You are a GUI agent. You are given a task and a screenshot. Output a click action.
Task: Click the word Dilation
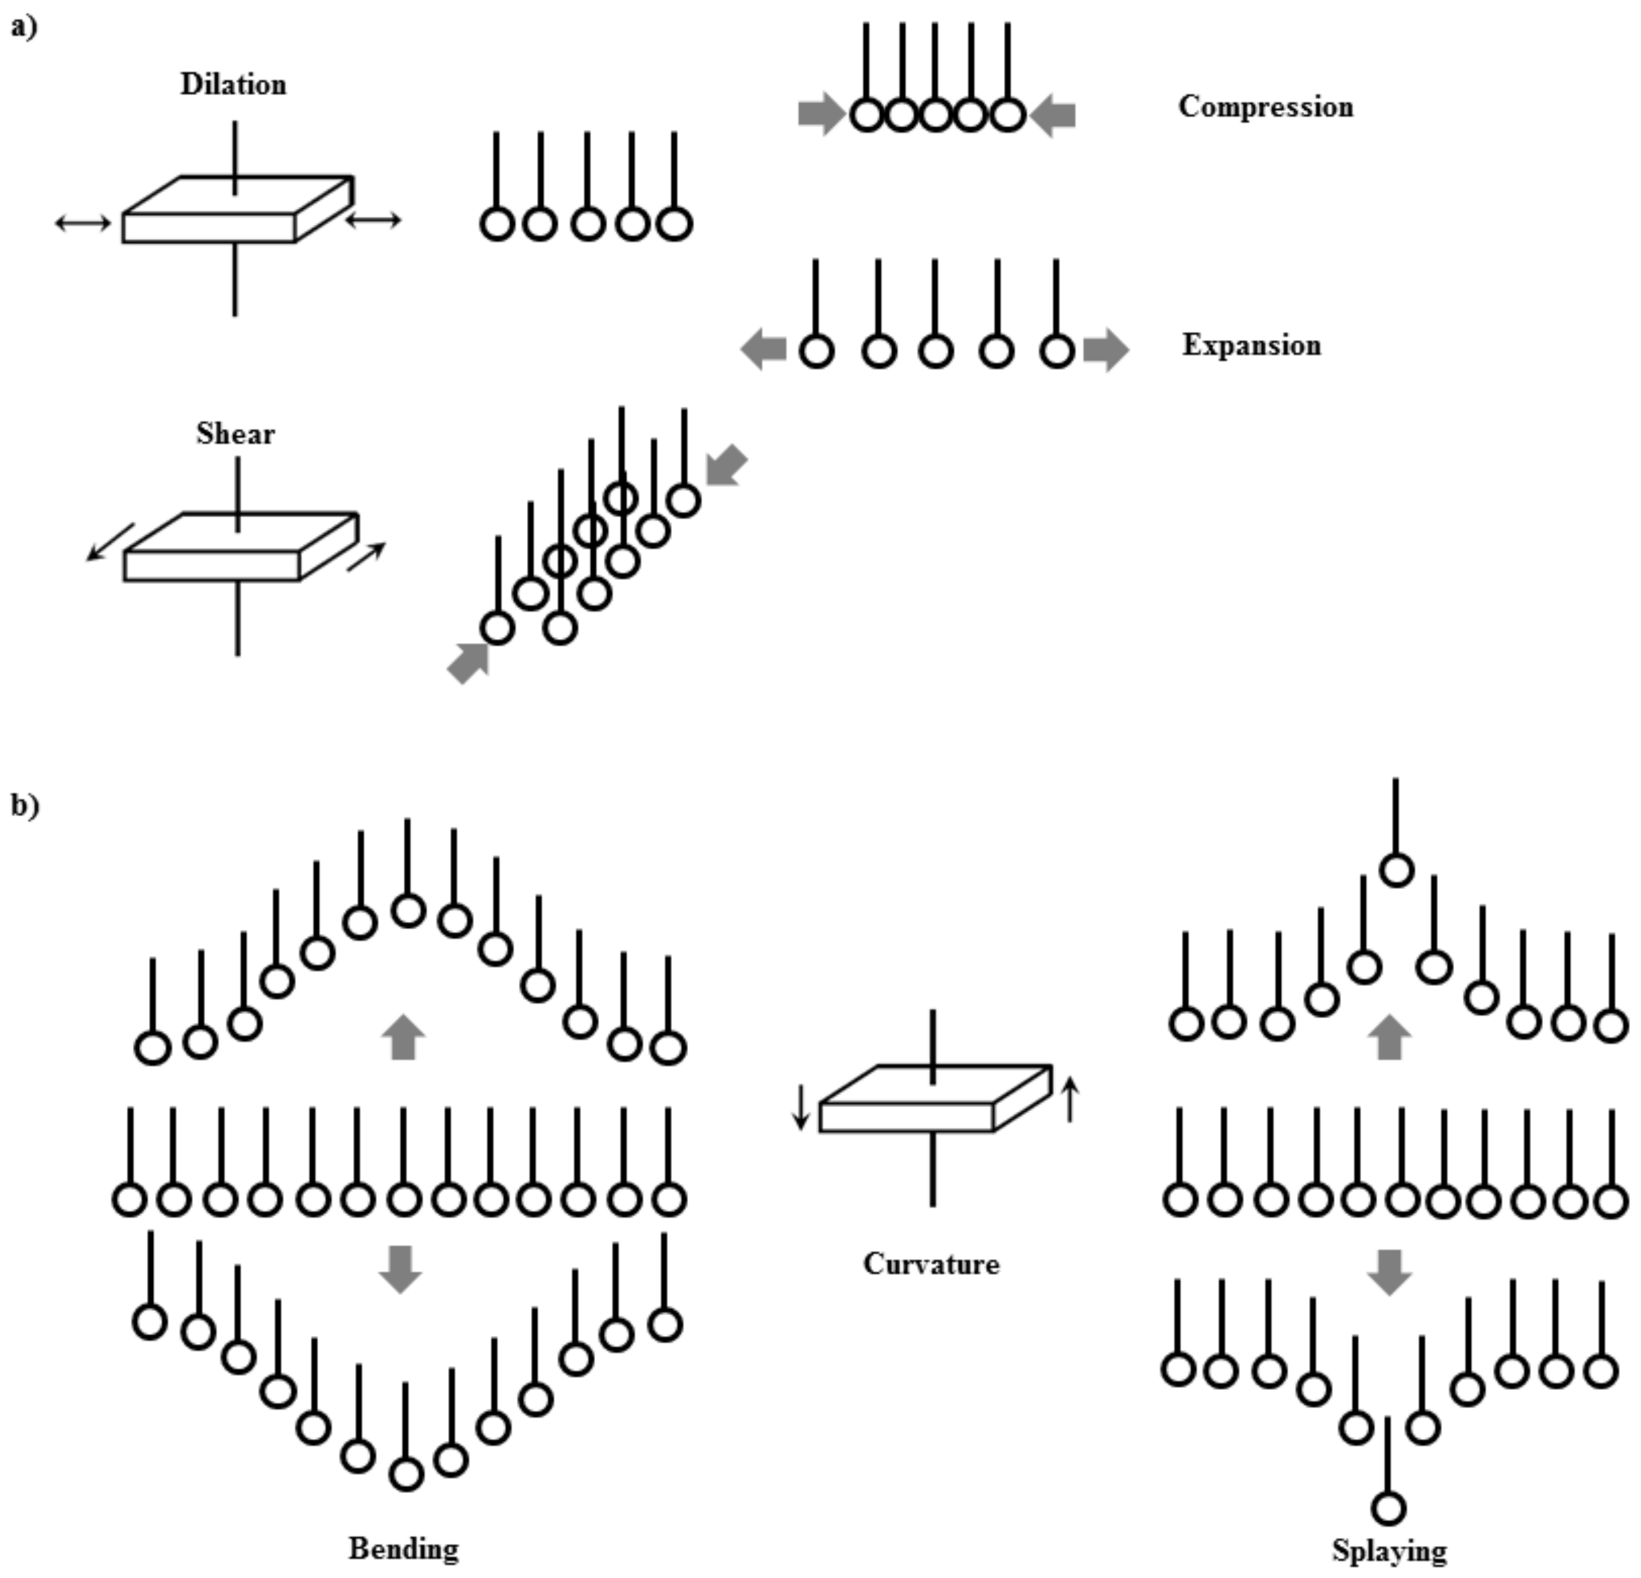point(233,84)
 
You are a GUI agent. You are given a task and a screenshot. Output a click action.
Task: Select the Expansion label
point(1251,345)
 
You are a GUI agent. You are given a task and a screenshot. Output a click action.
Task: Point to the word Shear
point(235,434)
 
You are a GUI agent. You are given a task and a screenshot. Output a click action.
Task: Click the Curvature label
point(931,1264)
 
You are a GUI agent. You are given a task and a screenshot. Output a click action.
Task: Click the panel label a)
point(24,28)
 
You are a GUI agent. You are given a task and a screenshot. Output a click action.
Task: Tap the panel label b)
point(24,806)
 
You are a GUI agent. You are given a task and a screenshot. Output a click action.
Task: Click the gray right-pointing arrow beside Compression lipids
point(821,114)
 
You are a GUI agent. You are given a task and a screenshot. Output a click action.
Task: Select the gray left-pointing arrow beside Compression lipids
point(1053,115)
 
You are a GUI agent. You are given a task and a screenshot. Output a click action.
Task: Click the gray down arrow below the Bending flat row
point(400,1269)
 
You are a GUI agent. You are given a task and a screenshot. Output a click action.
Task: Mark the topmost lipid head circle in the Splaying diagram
point(1396,870)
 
